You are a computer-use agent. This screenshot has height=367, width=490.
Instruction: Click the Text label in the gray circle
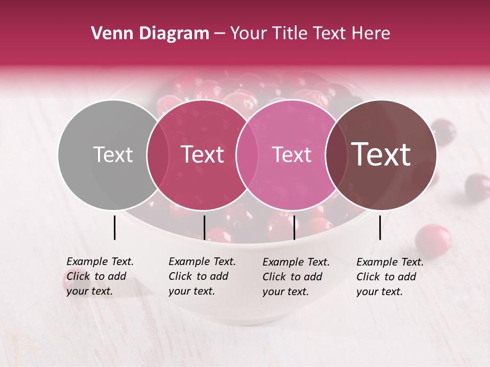pyautogui.click(x=113, y=154)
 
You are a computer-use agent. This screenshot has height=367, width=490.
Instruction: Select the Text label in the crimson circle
pyautogui.click(x=203, y=154)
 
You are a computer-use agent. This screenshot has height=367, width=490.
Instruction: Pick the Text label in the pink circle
pyautogui.click(x=291, y=154)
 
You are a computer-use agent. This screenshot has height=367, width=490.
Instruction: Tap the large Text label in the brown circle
pyautogui.click(x=381, y=154)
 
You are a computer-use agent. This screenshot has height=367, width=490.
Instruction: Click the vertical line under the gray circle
pyautogui.click(x=114, y=227)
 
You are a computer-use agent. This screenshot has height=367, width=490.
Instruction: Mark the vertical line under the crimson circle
pyautogui.click(x=204, y=227)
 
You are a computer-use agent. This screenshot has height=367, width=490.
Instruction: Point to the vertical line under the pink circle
pyautogui.click(x=294, y=227)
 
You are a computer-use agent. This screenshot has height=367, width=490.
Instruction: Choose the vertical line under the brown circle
pyautogui.click(x=380, y=227)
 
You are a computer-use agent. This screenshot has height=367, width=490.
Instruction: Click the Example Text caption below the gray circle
pyautogui.click(x=100, y=276)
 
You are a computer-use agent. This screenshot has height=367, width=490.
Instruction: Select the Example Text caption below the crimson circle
pyautogui.click(x=202, y=276)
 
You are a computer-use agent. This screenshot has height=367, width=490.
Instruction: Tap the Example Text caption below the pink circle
pyautogui.click(x=296, y=277)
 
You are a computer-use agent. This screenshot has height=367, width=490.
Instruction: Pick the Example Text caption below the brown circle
pyautogui.click(x=390, y=277)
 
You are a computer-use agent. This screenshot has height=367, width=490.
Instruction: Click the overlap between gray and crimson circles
pyautogui.click(x=158, y=154)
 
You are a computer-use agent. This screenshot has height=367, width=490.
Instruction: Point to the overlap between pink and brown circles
pyautogui.click(x=336, y=154)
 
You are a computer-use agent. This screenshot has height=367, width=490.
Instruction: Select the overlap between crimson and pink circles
pyautogui.click(x=247, y=154)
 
